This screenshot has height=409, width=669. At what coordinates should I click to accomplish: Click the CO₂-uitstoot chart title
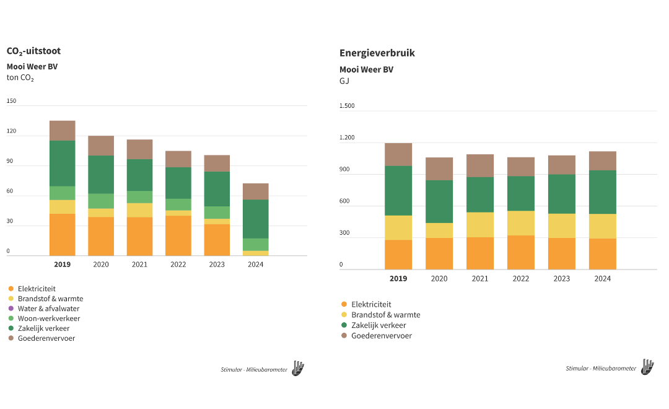point(33,51)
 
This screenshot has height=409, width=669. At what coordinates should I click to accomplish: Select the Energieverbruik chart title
point(377,53)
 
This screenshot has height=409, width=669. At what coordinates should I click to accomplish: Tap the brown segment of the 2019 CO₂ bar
point(62,131)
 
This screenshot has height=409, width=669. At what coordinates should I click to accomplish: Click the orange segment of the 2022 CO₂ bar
point(178,235)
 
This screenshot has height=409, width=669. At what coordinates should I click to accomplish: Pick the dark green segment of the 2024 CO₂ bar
point(255,219)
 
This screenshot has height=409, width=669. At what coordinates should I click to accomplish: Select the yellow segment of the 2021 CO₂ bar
point(139,210)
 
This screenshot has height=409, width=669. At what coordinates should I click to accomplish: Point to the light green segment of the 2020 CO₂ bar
point(101,201)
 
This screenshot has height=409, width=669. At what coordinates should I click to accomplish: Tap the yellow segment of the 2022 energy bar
point(521,223)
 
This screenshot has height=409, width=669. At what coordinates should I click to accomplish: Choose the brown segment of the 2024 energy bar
point(603,161)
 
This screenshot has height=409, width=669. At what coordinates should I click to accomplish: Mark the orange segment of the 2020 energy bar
point(439,253)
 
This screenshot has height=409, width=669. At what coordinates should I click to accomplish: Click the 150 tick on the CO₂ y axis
point(12,101)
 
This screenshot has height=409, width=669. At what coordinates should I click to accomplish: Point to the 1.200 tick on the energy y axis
point(347,138)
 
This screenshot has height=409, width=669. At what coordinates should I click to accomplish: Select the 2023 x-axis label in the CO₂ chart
point(216,265)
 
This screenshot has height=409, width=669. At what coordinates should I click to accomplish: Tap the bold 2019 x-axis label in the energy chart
point(398,279)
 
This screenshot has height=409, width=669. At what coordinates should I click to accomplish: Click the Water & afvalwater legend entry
point(48,309)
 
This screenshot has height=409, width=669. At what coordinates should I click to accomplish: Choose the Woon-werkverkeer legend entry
point(49,319)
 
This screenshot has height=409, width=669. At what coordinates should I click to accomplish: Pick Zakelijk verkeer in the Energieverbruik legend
point(378,325)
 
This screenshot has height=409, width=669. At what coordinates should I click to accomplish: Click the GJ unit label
point(344,81)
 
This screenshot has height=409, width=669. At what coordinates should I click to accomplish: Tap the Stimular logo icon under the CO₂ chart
point(298,369)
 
